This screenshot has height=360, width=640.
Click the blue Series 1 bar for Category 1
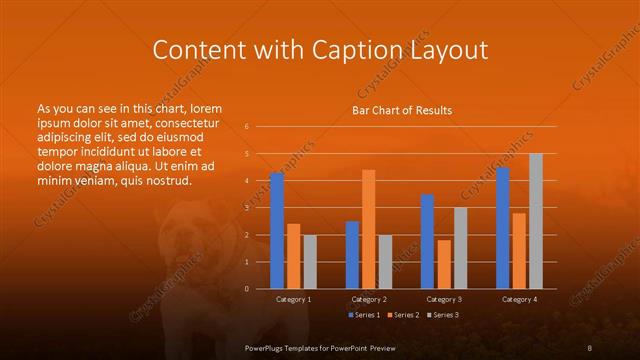pos(277,231)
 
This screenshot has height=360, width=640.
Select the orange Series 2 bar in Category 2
pos(368,229)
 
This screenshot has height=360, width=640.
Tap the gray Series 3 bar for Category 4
pos(535,221)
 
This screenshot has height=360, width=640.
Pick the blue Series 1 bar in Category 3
pos(427,241)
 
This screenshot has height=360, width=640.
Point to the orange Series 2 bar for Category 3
pos(444,264)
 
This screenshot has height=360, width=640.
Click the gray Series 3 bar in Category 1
pos(309,262)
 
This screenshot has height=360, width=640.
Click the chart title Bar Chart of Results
pos(402,110)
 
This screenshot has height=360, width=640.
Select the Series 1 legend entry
pos(363,315)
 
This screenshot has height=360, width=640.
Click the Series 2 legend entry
pos(402,315)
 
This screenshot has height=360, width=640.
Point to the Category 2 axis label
pos(369,299)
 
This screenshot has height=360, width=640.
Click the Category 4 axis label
pos(519,299)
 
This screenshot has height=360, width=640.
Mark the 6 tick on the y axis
pos(247,127)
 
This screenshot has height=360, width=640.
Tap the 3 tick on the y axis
pos(247,208)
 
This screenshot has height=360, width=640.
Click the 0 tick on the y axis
pos(247,289)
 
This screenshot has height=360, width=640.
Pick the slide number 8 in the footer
pos(590,346)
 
